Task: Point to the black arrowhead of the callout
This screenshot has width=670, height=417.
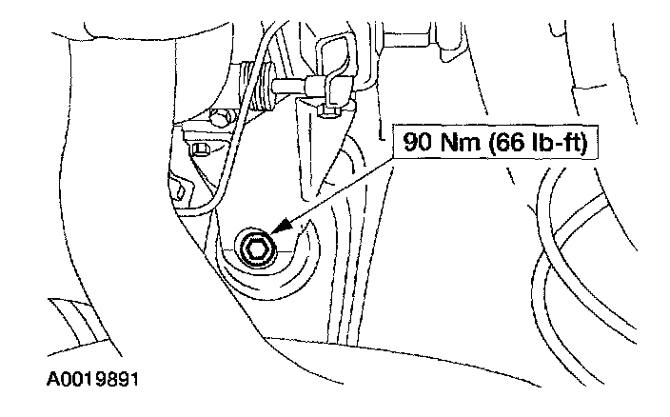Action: click(x=278, y=231)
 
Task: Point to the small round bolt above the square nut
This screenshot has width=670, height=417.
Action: click(x=219, y=119)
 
